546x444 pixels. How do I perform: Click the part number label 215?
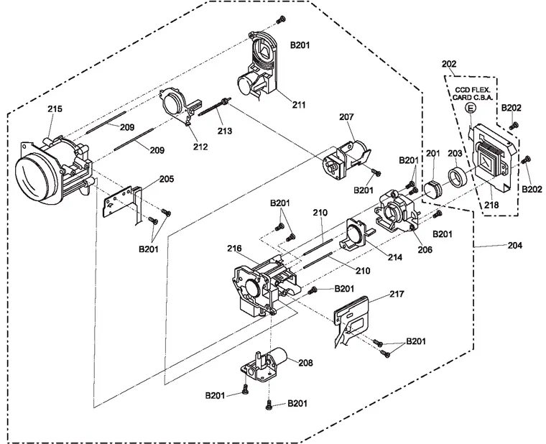click(x=55, y=109)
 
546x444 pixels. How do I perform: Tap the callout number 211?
click(x=299, y=104)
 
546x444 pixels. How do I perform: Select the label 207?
click(x=346, y=116)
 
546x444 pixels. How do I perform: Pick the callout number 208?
click(x=306, y=364)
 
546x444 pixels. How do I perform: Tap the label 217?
click(x=397, y=294)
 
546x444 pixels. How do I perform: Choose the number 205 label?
click(x=167, y=179)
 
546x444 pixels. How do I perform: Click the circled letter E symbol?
click(x=471, y=108)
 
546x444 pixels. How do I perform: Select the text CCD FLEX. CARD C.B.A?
click(x=471, y=92)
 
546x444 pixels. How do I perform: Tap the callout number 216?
click(x=234, y=249)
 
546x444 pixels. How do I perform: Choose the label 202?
click(x=449, y=64)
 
